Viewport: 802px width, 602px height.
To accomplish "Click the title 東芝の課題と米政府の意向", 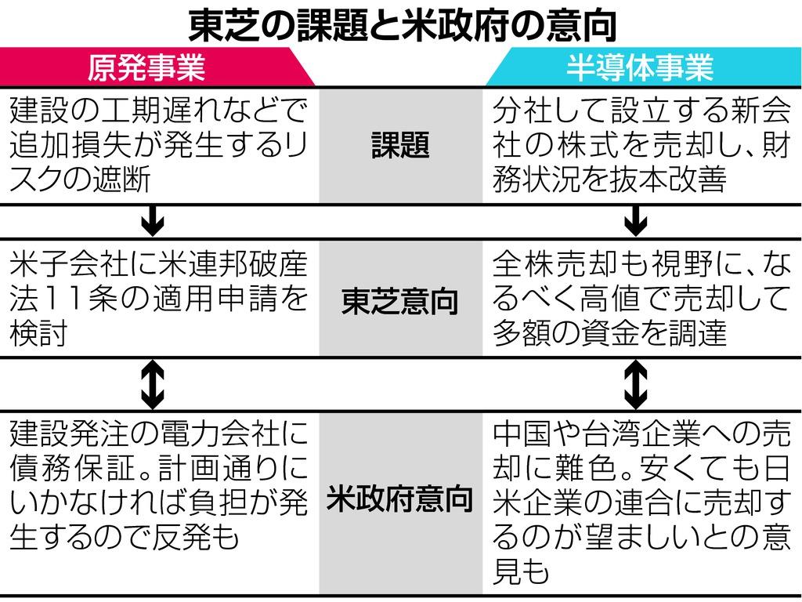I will point(401,24).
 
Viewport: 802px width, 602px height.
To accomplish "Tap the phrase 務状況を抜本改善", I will point(611,180).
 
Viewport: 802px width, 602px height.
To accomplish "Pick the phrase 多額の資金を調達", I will point(611,335).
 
